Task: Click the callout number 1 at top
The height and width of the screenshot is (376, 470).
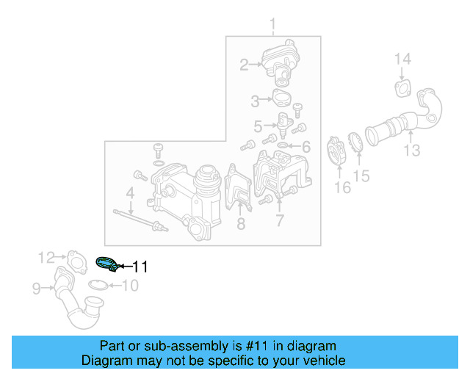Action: click(x=273, y=26)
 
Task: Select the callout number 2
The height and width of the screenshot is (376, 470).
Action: click(x=244, y=65)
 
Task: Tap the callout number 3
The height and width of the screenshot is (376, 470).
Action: click(x=255, y=100)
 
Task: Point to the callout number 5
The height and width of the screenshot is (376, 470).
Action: click(x=258, y=126)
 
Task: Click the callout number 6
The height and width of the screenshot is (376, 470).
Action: click(x=306, y=146)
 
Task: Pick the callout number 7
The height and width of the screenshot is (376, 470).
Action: click(x=279, y=220)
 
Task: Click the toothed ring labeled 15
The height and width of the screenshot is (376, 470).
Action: click(x=352, y=143)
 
